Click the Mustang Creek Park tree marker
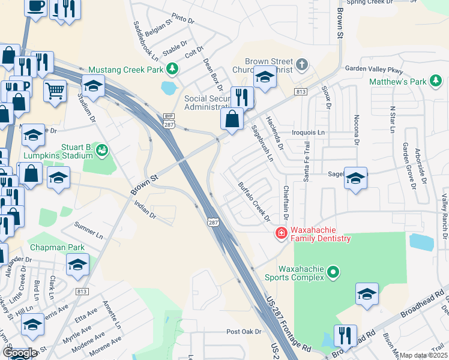(172, 69)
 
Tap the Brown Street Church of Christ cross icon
(301, 64)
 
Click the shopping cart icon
(55, 91)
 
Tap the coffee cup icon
(36, 6)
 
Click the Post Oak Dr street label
(244, 331)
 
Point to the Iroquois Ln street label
(307, 132)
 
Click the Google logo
(19, 353)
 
